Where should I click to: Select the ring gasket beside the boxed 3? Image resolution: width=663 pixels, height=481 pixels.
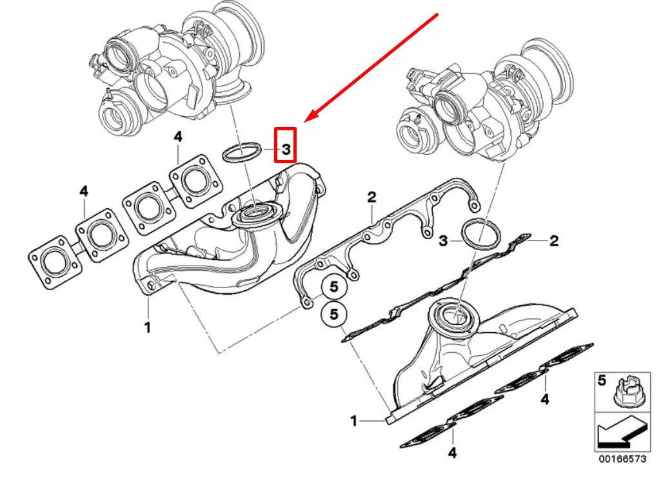(x=241, y=153)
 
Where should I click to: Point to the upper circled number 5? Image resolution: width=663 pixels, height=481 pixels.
(x=333, y=285)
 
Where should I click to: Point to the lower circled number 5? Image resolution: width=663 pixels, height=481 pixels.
(x=333, y=315)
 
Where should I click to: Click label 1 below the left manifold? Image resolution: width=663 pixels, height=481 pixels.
(x=147, y=328)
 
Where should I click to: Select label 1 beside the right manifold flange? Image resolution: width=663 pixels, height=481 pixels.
(x=353, y=421)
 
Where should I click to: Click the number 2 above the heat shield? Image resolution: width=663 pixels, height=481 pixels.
(x=371, y=197)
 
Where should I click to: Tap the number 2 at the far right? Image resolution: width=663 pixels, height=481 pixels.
(x=553, y=241)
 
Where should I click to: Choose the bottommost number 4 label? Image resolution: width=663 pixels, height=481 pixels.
(x=452, y=453)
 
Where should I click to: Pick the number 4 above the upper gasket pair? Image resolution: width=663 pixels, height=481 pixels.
(x=178, y=137)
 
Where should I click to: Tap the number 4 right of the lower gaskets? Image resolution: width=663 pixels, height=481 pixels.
(x=545, y=400)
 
